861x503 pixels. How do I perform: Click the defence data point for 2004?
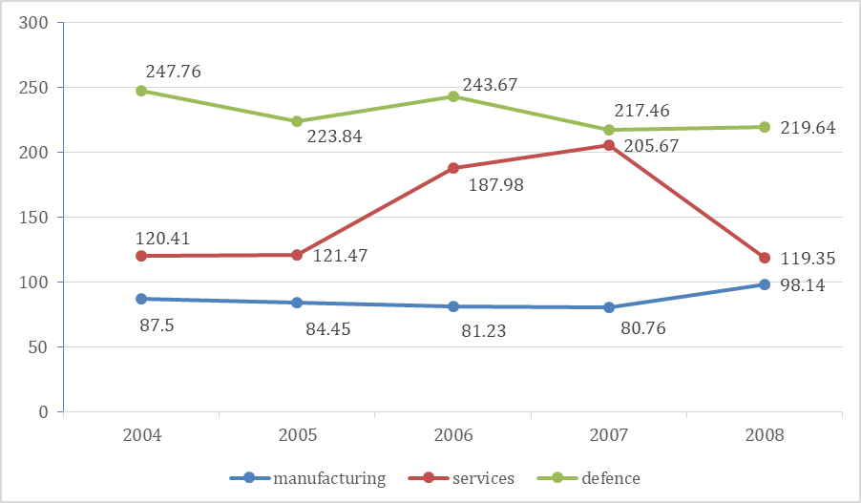pos(141,91)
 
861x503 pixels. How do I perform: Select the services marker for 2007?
pos(608,145)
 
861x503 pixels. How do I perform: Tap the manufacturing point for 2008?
pos(765,284)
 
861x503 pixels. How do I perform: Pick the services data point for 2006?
pos(452,168)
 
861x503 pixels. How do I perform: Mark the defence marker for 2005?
pos(297,121)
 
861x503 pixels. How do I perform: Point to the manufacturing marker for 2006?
pos(452,306)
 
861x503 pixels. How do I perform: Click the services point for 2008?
pos(765,257)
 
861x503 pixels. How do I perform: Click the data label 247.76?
pos(173,72)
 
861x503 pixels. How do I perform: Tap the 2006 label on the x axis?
pos(452,436)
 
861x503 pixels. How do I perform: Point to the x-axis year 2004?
pos(141,436)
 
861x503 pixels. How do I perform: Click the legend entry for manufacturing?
pos(307,478)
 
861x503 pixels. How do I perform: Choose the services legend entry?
pos(463,478)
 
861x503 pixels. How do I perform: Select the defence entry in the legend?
pos(598,478)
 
